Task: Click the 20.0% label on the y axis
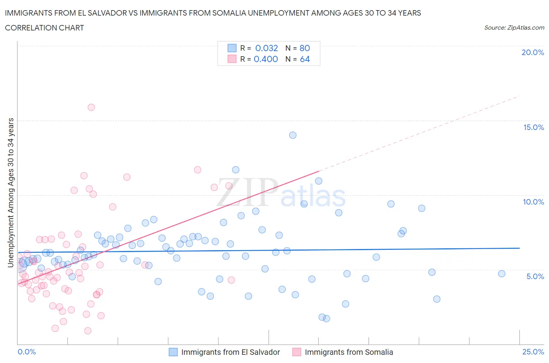tap(533, 52)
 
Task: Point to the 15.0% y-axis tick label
tap(533, 127)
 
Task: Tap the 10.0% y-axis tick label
tap(533, 202)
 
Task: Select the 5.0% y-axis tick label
tap(535, 276)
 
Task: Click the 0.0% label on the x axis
tap(27, 352)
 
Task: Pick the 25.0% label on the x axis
tap(533, 352)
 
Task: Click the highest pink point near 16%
tap(91, 107)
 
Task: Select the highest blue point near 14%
tap(293, 135)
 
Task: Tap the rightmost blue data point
tap(502, 274)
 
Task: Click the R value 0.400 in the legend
tap(266, 59)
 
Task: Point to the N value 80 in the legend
tap(305, 48)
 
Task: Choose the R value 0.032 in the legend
tap(266, 48)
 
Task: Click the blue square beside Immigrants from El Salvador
tap(173, 352)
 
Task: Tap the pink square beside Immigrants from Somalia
tap(297, 352)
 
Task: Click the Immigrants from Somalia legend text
tap(349, 352)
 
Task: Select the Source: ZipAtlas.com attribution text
tap(514, 27)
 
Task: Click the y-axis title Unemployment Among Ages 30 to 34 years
tap(11, 193)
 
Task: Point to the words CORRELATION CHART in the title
tap(45, 28)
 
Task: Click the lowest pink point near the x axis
tap(88, 331)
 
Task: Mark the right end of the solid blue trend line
tap(520, 248)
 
